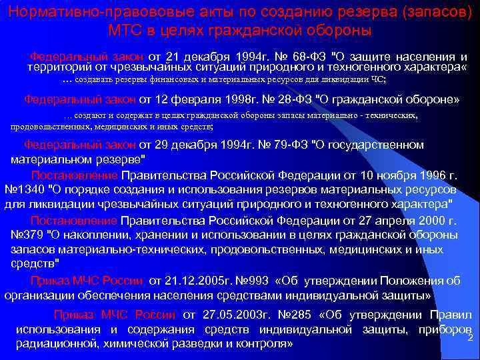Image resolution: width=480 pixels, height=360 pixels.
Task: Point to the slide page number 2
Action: (470, 337)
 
